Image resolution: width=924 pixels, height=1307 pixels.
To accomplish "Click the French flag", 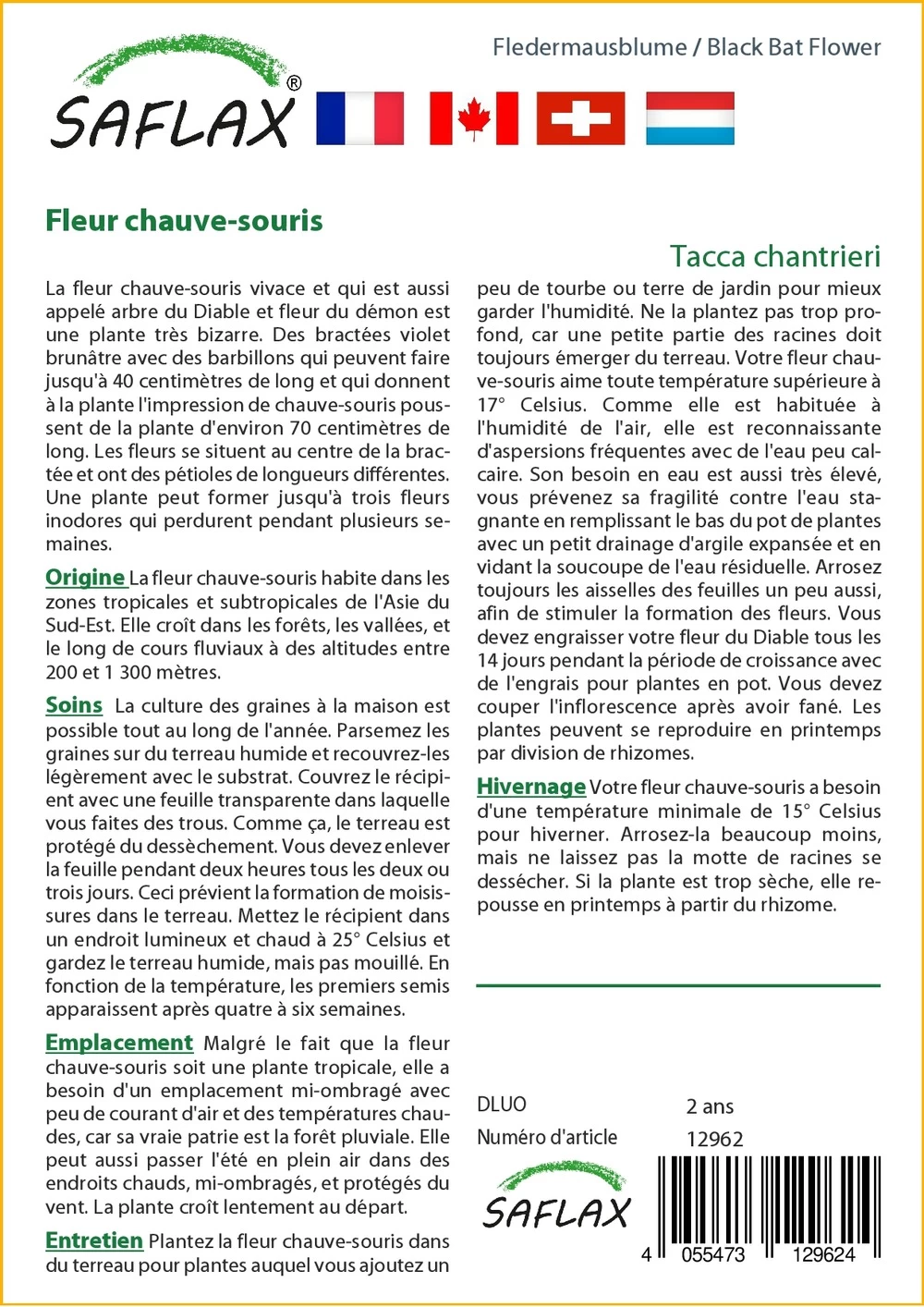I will point(359,118).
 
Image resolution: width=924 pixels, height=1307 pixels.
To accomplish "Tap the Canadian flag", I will point(473,118).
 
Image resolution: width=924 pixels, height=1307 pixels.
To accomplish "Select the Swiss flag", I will point(580,118).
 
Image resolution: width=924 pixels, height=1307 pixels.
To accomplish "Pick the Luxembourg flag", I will point(689,118).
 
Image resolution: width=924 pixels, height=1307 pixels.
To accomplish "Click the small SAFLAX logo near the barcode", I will point(556,1197).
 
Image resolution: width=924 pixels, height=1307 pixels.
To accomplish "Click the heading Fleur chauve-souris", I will point(184,221).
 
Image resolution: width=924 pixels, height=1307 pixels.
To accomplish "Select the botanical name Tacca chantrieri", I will point(775,256).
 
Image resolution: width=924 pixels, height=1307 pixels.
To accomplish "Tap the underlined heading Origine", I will point(85,578).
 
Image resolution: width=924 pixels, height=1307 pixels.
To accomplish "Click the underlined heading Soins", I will point(74,705).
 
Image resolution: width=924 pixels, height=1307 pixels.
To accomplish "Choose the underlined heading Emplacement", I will point(119,1043).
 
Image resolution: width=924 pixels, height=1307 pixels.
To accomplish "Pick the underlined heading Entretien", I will point(94,1240).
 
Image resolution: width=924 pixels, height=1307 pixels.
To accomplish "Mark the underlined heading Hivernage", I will point(531,787).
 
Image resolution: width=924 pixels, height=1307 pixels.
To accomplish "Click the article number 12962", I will point(714,1139).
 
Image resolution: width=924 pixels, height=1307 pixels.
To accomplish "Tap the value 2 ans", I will point(710,1105).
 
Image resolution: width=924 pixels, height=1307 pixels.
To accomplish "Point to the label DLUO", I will point(502,1105).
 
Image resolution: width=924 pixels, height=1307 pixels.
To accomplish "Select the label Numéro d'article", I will point(547,1137).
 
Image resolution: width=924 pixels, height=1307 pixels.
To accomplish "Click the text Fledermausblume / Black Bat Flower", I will point(687,47).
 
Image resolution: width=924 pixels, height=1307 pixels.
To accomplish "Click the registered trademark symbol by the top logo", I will point(294,83).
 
